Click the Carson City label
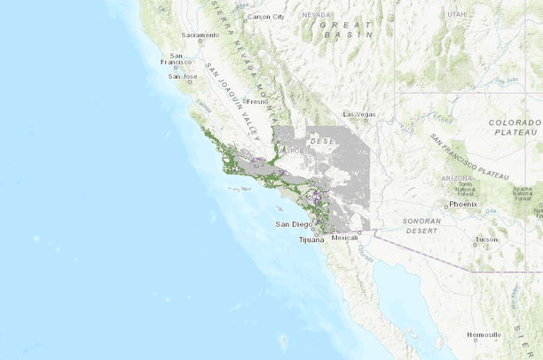pyautogui.click(x=267, y=17)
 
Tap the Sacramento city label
pyautogui.click(x=200, y=35)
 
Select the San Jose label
pyautogui.click(x=182, y=76)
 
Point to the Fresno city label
pyautogui.click(x=260, y=102)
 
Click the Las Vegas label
pyautogui.click(x=359, y=114)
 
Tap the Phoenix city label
pyautogui.click(x=463, y=204)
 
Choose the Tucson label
pyautogui.click(x=486, y=239)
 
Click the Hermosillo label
pyautogui.click(x=484, y=335)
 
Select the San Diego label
pyautogui.click(x=294, y=224)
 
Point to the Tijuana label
pyautogui.click(x=311, y=239)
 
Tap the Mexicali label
pyautogui.click(x=344, y=238)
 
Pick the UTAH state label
pyautogui.click(x=456, y=15)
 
